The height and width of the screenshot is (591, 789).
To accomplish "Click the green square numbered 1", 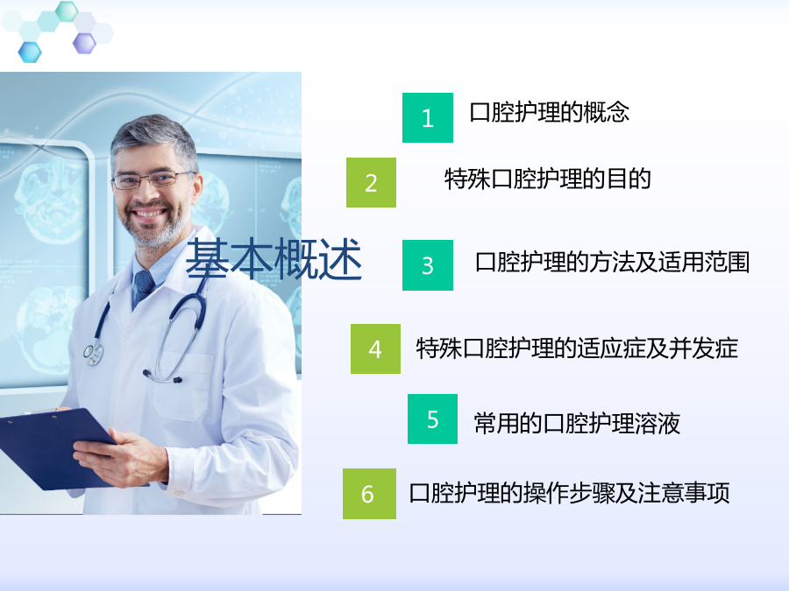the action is pyautogui.click(x=428, y=117).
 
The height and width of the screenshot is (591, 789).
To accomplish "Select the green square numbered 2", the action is pyautogui.click(x=371, y=182).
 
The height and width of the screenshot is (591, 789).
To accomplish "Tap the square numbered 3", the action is pyautogui.click(x=428, y=265).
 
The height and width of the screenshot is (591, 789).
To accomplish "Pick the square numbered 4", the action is pyautogui.click(x=375, y=348).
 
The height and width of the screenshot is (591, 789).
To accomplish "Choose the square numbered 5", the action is pyautogui.click(x=432, y=419).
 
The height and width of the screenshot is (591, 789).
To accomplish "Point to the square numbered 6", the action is pyautogui.click(x=369, y=494).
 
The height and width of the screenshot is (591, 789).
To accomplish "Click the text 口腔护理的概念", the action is pyautogui.click(x=549, y=112).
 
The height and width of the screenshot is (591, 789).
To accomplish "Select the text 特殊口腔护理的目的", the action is pyautogui.click(x=547, y=179).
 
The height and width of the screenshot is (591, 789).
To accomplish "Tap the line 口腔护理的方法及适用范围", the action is pyautogui.click(x=613, y=262).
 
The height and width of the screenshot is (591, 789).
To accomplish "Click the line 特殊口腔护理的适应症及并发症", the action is pyautogui.click(x=577, y=348).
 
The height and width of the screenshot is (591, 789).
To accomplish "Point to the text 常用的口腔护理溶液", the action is pyautogui.click(x=577, y=423).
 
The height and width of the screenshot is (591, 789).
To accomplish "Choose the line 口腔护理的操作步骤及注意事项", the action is pyautogui.click(x=569, y=493).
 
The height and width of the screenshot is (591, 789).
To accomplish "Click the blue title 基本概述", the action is pyautogui.click(x=274, y=259).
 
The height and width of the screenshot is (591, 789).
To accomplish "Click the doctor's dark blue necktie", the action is pyautogui.click(x=143, y=287).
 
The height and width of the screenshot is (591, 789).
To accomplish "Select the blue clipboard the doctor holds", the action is pyautogui.click(x=55, y=447).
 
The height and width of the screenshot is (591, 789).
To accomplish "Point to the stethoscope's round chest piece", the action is pyautogui.click(x=93, y=354).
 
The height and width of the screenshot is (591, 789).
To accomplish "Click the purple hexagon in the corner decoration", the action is pyautogui.click(x=84, y=43).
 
